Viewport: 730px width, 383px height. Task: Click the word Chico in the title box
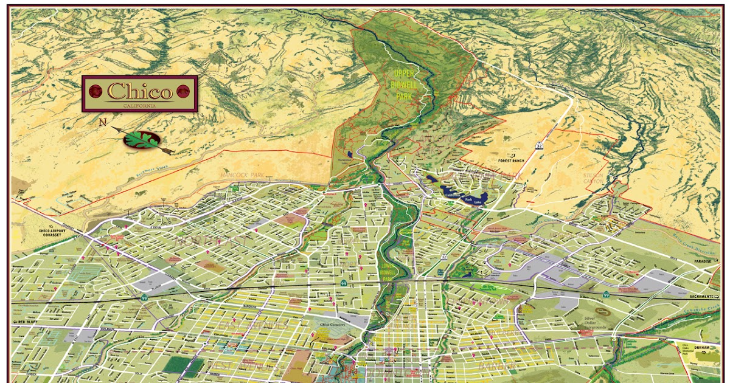point(139,92)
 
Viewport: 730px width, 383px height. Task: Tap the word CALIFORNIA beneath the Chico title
point(139,105)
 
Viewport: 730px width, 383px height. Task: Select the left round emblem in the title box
point(96,92)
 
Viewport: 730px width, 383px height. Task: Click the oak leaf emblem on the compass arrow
point(141,140)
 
